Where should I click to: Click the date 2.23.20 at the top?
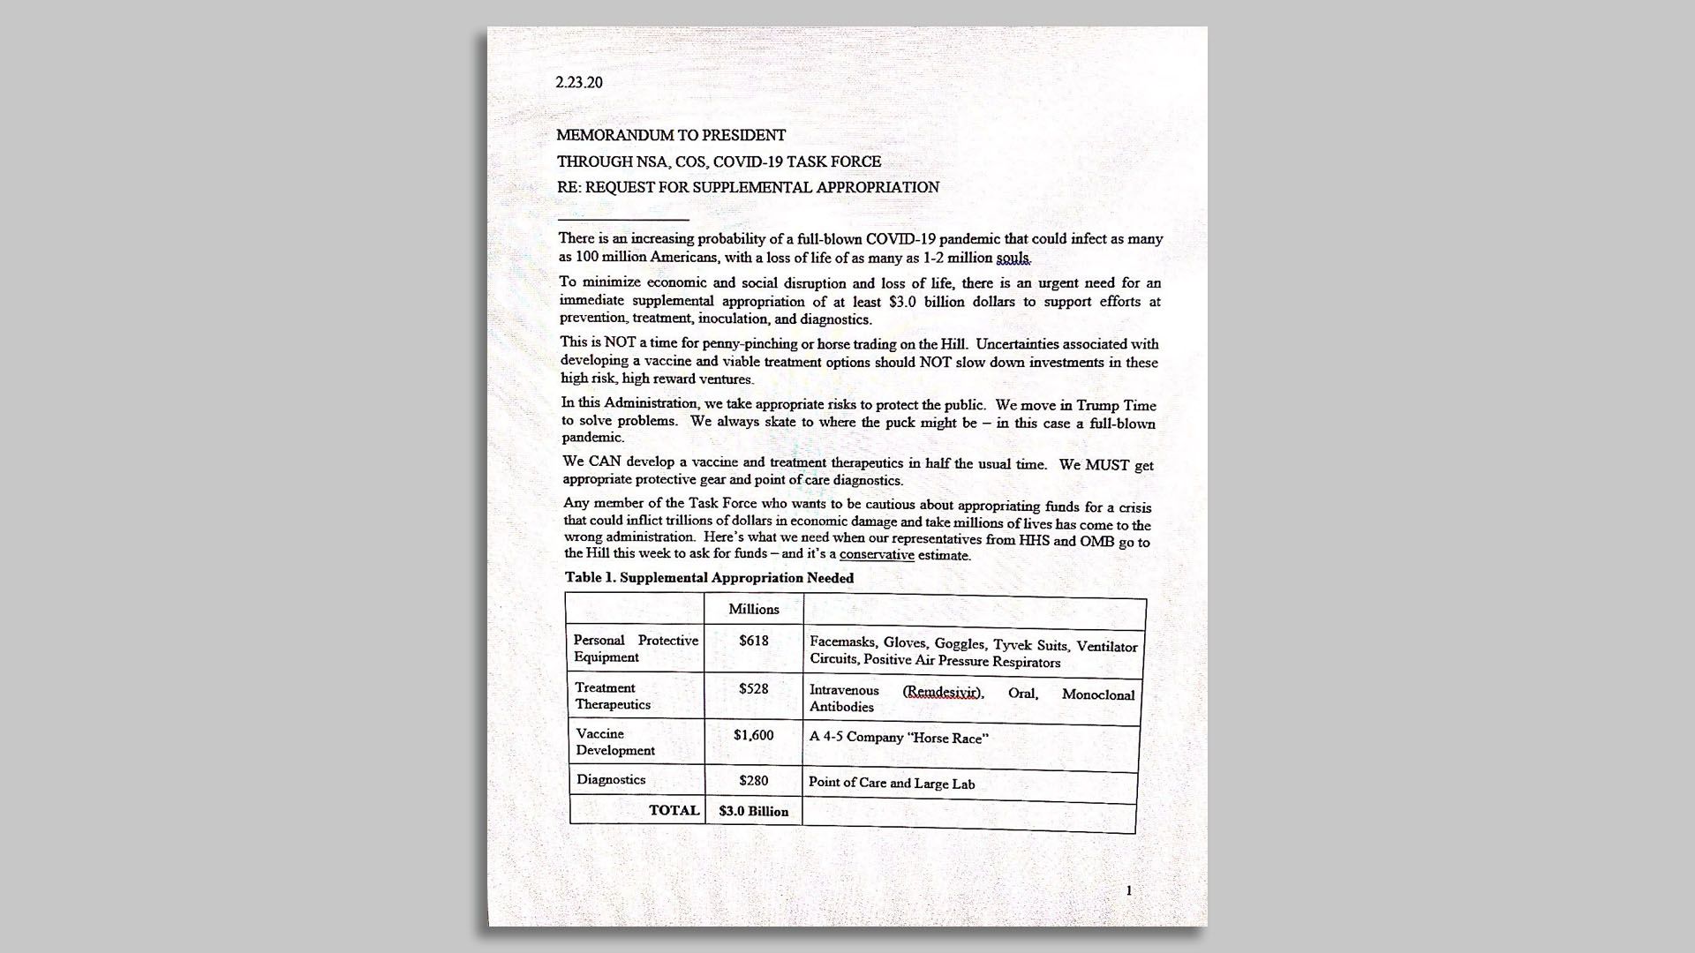(579, 82)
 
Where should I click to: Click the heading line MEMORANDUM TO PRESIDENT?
(671, 135)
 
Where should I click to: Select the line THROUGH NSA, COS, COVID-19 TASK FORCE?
(719, 161)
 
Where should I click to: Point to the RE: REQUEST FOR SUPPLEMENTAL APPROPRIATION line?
(748, 187)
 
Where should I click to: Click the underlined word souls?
(1013, 259)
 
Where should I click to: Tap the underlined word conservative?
(877, 555)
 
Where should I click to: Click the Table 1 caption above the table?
(710, 578)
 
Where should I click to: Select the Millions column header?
(754, 609)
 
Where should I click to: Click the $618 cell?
(754, 641)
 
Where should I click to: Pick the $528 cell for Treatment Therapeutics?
(754, 688)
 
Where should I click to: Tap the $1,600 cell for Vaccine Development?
(754, 734)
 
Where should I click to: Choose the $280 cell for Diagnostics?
(754, 780)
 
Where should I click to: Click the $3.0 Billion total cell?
(754, 811)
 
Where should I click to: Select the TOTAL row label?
(674, 810)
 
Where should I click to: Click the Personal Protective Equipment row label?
(636, 649)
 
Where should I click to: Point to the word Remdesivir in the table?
(942, 693)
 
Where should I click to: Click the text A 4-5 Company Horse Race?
(899, 738)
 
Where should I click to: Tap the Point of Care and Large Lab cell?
(892, 784)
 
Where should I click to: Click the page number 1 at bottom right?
(1128, 890)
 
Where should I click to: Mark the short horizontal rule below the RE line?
(623, 219)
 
